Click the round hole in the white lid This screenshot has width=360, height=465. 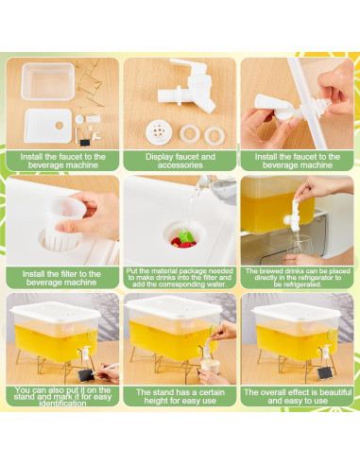[60, 125]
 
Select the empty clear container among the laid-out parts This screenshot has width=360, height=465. [48, 81]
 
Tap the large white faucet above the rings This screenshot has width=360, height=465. [188, 85]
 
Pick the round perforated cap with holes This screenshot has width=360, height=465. [159, 132]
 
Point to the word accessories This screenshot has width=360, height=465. [180, 165]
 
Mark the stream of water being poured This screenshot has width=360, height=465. [193, 201]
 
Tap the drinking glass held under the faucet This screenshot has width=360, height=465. [300, 245]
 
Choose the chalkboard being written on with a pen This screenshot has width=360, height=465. [86, 375]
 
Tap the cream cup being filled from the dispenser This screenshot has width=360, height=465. [210, 367]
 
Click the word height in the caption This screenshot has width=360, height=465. [155, 401]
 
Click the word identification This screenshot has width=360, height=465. [63, 404]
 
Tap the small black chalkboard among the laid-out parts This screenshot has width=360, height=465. [84, 143]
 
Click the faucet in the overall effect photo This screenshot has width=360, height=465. [326, 351]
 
